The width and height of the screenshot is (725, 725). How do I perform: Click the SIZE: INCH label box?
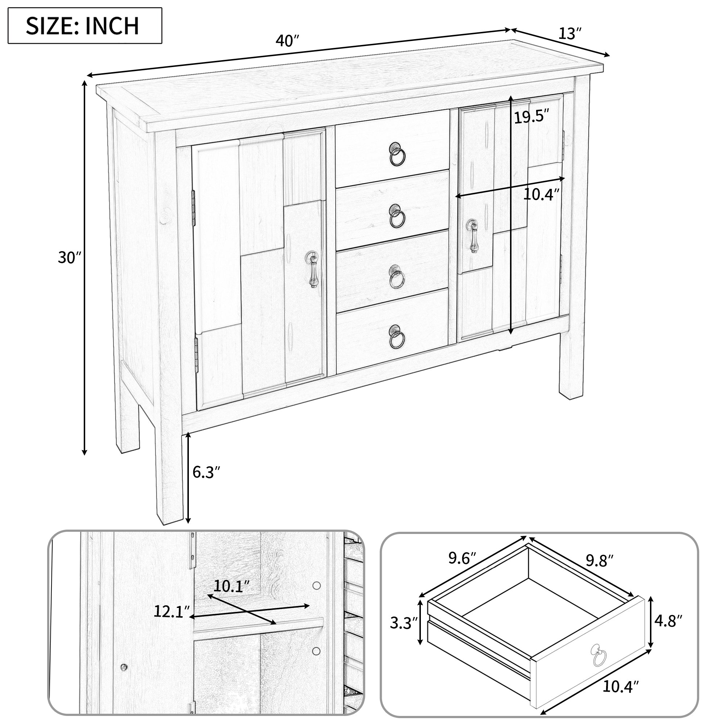point(85,25)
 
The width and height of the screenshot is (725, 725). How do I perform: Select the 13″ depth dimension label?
point(570,34)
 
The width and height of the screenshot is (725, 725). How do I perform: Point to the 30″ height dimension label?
point(70,257)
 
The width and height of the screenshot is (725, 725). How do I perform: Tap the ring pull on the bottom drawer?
point(396,336)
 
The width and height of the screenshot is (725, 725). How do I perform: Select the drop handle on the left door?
point(312,269)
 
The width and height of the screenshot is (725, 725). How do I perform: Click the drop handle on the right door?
point(473,236)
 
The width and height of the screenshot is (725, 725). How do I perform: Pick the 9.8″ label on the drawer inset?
point(600,571)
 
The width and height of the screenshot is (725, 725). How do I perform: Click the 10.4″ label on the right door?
point(542,194)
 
